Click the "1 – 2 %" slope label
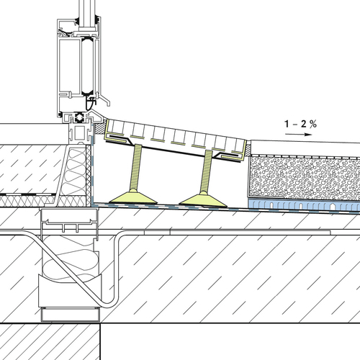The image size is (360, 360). pyautogui.click(x=300, y=124)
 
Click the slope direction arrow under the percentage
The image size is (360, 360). pyautogui.click(x=298, y=135)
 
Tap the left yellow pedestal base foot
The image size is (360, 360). pyautogui.click(x=132, y=197)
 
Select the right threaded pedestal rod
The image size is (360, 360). pyautogui.click(x=207, y=171)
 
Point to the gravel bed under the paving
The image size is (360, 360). pyautogui.click(x=305, y=178)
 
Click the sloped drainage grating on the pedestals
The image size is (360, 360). pyautogui.click(x=177, y=140)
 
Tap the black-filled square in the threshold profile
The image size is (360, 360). pyautogui.click(x=79, y=117)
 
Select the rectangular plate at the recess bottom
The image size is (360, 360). pyautogui.click(x=71, y=315)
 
